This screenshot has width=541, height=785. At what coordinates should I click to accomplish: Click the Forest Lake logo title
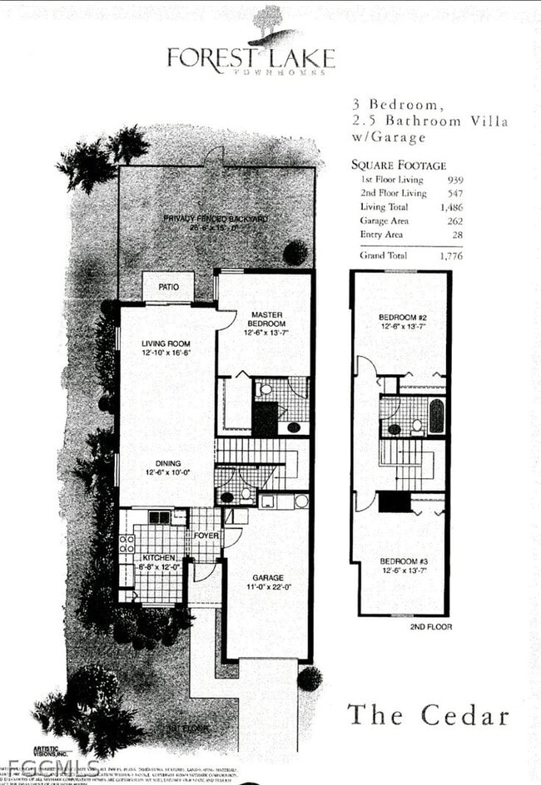[251, 58]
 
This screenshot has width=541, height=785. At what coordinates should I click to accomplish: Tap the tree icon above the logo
[268, 22]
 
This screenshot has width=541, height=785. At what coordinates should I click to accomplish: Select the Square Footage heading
[398, 165]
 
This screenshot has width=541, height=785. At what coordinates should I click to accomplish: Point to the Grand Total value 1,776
[450, 256]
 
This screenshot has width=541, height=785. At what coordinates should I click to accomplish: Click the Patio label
[169, 287]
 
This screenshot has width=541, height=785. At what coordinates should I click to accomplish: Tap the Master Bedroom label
[267, 319]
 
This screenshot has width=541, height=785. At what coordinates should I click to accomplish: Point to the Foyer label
[206, 536]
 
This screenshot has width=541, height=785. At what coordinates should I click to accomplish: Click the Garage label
[268, 577]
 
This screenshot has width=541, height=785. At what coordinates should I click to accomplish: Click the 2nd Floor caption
[431, 626]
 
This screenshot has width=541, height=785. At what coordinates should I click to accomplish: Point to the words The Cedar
[427, 714]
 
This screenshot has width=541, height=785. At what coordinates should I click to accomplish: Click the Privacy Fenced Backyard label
[215, 219]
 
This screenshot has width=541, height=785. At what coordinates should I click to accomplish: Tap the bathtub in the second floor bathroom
[435, 416]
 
